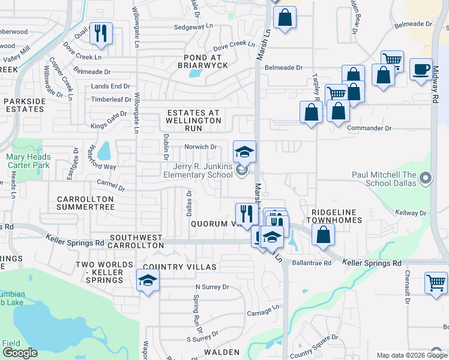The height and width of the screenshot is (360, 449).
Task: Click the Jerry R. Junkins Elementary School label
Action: click(x=198, y=170)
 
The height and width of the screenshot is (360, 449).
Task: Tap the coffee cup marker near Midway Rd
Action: click(x=421, y=70)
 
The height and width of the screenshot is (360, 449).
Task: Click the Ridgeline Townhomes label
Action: click(x=336, y=216)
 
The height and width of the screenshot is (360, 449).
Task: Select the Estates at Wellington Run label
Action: click(x=193, y=121)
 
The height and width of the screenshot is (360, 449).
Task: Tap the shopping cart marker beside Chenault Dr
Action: click(x=436, y=283)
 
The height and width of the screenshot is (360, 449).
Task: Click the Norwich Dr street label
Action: click(x=200, y=147)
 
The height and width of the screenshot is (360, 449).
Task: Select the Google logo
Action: click(x=20, y=353)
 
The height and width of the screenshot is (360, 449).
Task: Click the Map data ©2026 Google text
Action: click(x=411, y=355)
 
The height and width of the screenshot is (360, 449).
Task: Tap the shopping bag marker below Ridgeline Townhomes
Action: click(x=323, y=236)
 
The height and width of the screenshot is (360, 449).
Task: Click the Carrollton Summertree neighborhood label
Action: click(x=85, y=203)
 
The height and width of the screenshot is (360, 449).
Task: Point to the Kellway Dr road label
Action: click(x=411, y=213)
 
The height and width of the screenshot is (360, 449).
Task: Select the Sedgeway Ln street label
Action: click(x=193, y=27)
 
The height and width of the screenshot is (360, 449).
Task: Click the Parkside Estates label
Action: click(x=24, y=106)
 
